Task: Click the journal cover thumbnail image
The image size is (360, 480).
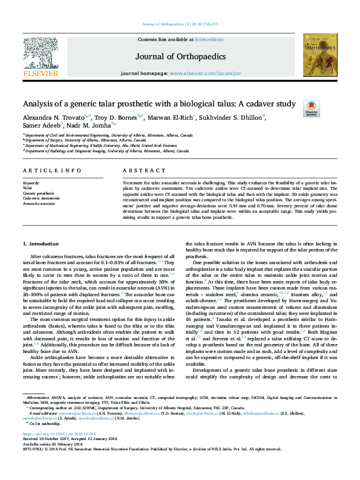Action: pyautogui.click(x=319, y=56)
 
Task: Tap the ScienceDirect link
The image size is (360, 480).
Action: pyautogui.click(x=209, y=39)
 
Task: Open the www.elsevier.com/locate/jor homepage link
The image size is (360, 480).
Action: pyautogui.click(x=205, y=73)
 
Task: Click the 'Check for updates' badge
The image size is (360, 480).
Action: pyautogui.click(x=312, y=108)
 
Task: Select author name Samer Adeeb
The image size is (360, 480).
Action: pyautogui.click(x=41, y=126)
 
